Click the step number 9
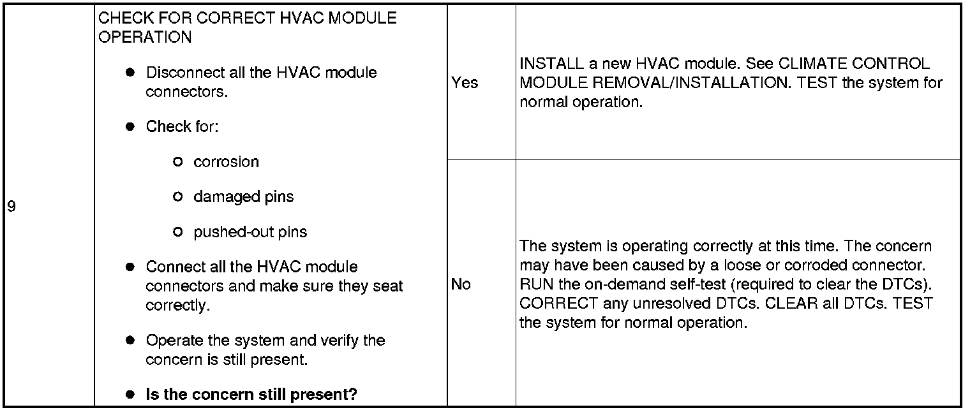click(x=11, y=207)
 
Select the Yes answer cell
click(x=465, y=83)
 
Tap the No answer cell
click(x=461, y=284)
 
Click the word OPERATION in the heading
click(x=145, y=37)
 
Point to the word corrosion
click(x=226, y=162)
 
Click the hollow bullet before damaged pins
click(x=178, y=197)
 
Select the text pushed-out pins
click(x=250, y=232)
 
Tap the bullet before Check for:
click(x=130, y=127)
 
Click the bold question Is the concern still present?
click(x=251, y=395)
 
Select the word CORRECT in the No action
click(x=559, y=304)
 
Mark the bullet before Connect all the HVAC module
click(x=130, y=267)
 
